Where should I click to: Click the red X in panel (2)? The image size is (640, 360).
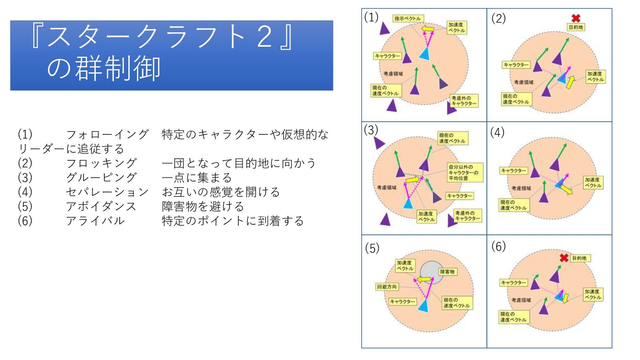pyautogui.click(x=576, y=18)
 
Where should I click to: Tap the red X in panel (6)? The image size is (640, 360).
pyautogui.click(x=564, y=258)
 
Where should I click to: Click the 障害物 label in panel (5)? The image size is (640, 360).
pyautogui.click(x=447, y=272)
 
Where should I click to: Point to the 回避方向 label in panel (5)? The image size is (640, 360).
pyautogui.click(x=387, y=287)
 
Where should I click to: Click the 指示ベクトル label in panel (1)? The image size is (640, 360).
pyautogui.click(x=408, y=18)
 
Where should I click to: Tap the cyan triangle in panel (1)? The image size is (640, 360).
pyautogui.click(x=424, y=54)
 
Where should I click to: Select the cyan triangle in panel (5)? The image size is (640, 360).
pyautogui.click(x=423, y=306)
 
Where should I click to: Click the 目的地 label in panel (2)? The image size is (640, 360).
pyautogui.click(x=576, y=27)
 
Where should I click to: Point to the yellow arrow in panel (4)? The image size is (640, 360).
pyautogui.click(x=566, y=189)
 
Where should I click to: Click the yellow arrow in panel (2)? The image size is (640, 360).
pyautogui.click(x=570, y=82)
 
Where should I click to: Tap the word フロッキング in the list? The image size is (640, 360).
pyautogui.click(x=101, y=163)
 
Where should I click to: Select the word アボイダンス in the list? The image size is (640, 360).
pyautogui.click(x=101, y=206)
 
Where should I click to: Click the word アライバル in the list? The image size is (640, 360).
pyautogui.click(x=95, y=221)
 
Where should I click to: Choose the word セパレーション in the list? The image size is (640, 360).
pyautogui.click(x=107, y=192)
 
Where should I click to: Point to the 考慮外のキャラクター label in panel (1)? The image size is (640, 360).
pyautogui.click(x=464, y=101)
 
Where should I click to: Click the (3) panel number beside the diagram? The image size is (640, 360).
pyautogui.click(x=371, y=130)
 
